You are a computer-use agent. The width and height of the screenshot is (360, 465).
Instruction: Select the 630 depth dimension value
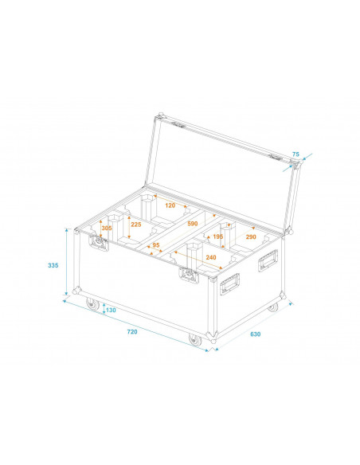pos(254,334)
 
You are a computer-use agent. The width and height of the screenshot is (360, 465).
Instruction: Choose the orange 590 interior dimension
pos(192,224)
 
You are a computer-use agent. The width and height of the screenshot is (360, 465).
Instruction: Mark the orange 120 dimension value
pos(170,205)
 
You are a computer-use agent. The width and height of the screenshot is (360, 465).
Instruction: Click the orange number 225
pos(136,225)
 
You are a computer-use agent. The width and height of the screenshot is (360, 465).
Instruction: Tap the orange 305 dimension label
pos(108,228)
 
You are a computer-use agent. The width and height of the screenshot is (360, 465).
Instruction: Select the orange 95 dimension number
pos(156,246)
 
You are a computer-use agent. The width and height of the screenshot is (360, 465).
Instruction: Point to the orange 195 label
pos(217,236)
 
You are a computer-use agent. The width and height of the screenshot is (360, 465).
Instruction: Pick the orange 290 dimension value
pos(251,237)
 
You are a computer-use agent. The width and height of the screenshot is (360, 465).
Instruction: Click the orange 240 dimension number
pos(211,257)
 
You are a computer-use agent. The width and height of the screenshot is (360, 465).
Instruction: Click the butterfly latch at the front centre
pos(190,275)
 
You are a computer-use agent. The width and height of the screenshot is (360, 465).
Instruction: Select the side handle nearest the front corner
pos(230,282)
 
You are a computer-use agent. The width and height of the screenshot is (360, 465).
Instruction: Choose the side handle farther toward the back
pos(268,260)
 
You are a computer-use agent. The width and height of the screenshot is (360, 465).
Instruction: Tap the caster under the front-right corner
pos(195,340)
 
